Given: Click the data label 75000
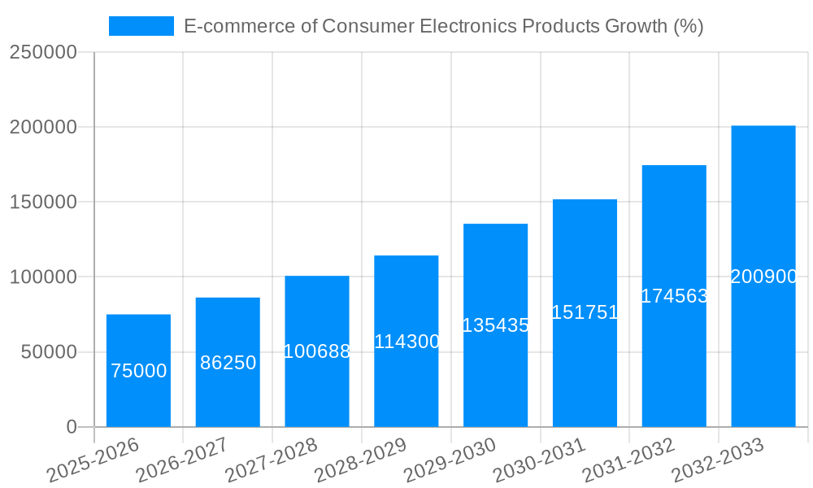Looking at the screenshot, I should pos(138,372).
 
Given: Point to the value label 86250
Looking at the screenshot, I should pos(228,364).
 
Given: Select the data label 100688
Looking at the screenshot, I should pos(317,352).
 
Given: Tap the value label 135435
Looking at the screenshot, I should pos(495,326).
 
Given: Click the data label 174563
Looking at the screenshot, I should pos(674,297).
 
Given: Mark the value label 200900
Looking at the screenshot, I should pos(763,277).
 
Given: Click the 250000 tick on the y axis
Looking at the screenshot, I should pos(43,53).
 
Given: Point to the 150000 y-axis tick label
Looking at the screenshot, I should pos(43,203).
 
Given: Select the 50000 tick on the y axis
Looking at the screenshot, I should pos(48,352).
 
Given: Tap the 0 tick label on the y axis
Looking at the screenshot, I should pos(72,427).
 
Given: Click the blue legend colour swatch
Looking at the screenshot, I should pos(141,26).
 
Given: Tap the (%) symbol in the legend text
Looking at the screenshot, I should pos(688,26).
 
